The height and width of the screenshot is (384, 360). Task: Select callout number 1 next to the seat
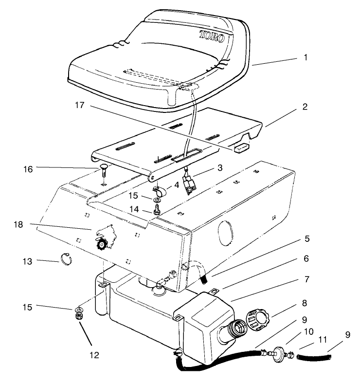tap(306, 57)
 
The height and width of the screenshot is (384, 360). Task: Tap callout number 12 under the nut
tap(94, 355)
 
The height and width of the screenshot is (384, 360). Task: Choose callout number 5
tap(306, 239)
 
